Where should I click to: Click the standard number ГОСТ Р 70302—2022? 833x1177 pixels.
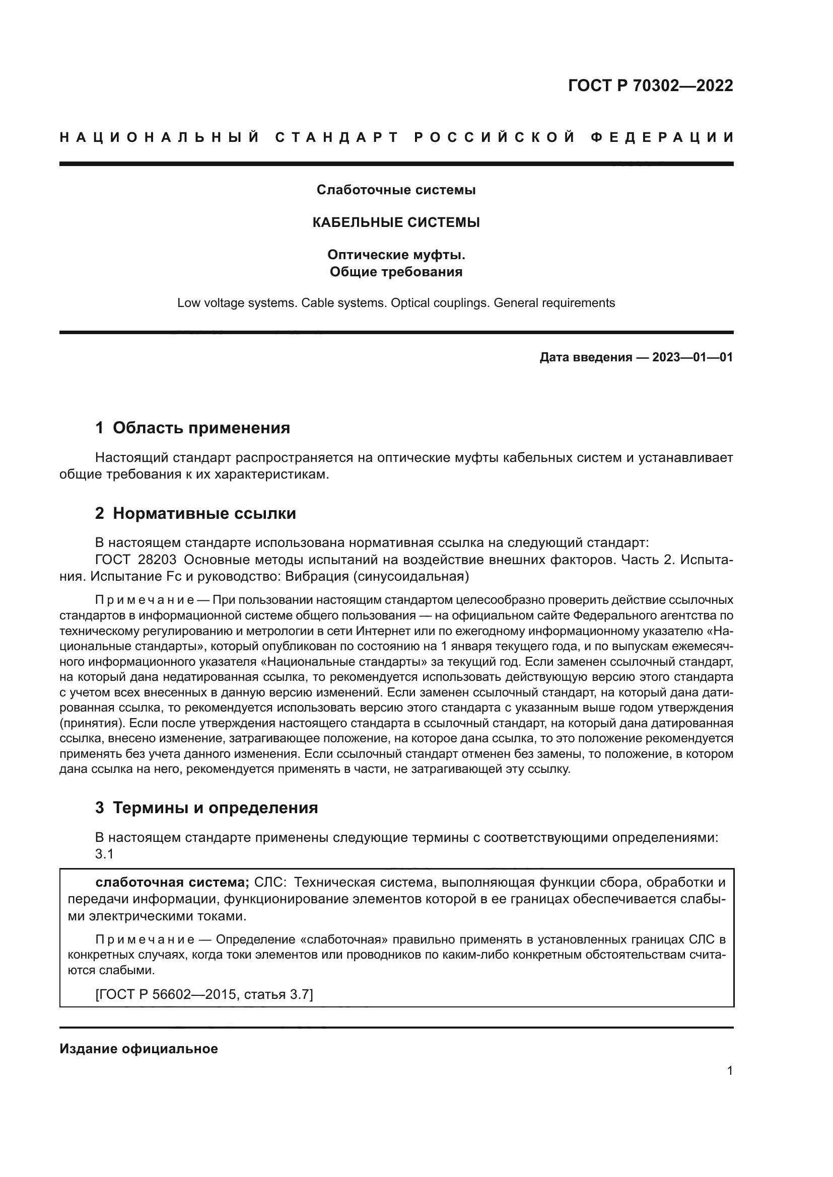click(x=650, y=85)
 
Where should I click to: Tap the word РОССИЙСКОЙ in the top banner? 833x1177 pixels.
click(x=494, y=137)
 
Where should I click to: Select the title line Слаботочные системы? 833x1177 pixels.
click(x=396, y=190)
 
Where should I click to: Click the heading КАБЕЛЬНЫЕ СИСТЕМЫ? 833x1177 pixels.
click(x=396, y=222)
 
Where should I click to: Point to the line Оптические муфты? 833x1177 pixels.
click(x=396, y=255)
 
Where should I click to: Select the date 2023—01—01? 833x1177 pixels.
click(x=692, y=357)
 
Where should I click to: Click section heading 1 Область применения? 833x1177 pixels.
click(x=192, y=428)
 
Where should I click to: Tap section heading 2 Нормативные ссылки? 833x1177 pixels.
click(x=195, y=513)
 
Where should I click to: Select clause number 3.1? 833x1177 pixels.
click(x=104, y=854)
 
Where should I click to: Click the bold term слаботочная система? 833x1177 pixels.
click(x=172, y=882)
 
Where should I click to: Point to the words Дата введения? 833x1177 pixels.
click(x=585, y=357)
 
